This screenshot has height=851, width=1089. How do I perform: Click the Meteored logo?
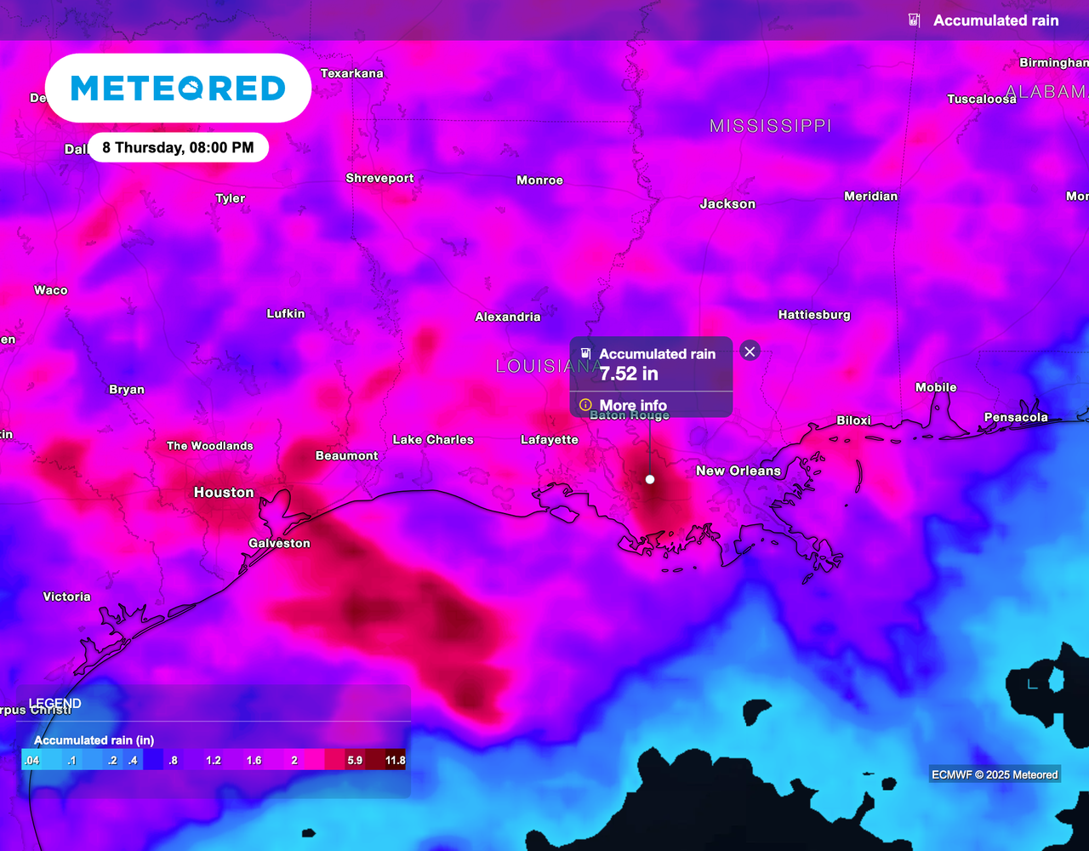click(178, 88)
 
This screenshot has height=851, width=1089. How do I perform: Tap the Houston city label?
click(224, 493)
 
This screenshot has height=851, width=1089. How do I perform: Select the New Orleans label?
click(738, 471)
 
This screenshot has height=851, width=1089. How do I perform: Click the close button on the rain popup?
click(750, 351)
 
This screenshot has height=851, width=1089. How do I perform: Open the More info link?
click(632, 405)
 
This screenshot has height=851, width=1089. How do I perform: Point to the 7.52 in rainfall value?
click(629, 374)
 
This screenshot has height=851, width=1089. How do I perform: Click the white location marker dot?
click(650, 480)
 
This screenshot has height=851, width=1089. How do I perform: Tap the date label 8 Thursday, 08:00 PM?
click(178, 148)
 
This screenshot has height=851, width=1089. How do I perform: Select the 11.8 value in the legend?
click(395, 760)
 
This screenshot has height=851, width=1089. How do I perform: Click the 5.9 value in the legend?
click(355, 760)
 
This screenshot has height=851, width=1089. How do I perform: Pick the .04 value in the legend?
click(31, 760)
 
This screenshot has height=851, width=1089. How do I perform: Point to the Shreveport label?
click(379, 179)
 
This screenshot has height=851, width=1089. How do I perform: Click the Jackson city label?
click(727, 204)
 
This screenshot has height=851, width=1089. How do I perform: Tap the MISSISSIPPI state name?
click(770, 126)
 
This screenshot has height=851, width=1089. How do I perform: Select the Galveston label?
click(279, 544)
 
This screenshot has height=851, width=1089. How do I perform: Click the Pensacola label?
click(1016, 418)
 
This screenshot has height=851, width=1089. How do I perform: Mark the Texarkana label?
click(351, 74)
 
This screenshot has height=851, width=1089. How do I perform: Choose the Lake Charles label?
click(433, 440)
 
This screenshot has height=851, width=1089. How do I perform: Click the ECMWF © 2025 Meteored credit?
click(995, 774)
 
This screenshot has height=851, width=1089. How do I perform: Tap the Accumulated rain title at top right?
click(995, 20)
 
